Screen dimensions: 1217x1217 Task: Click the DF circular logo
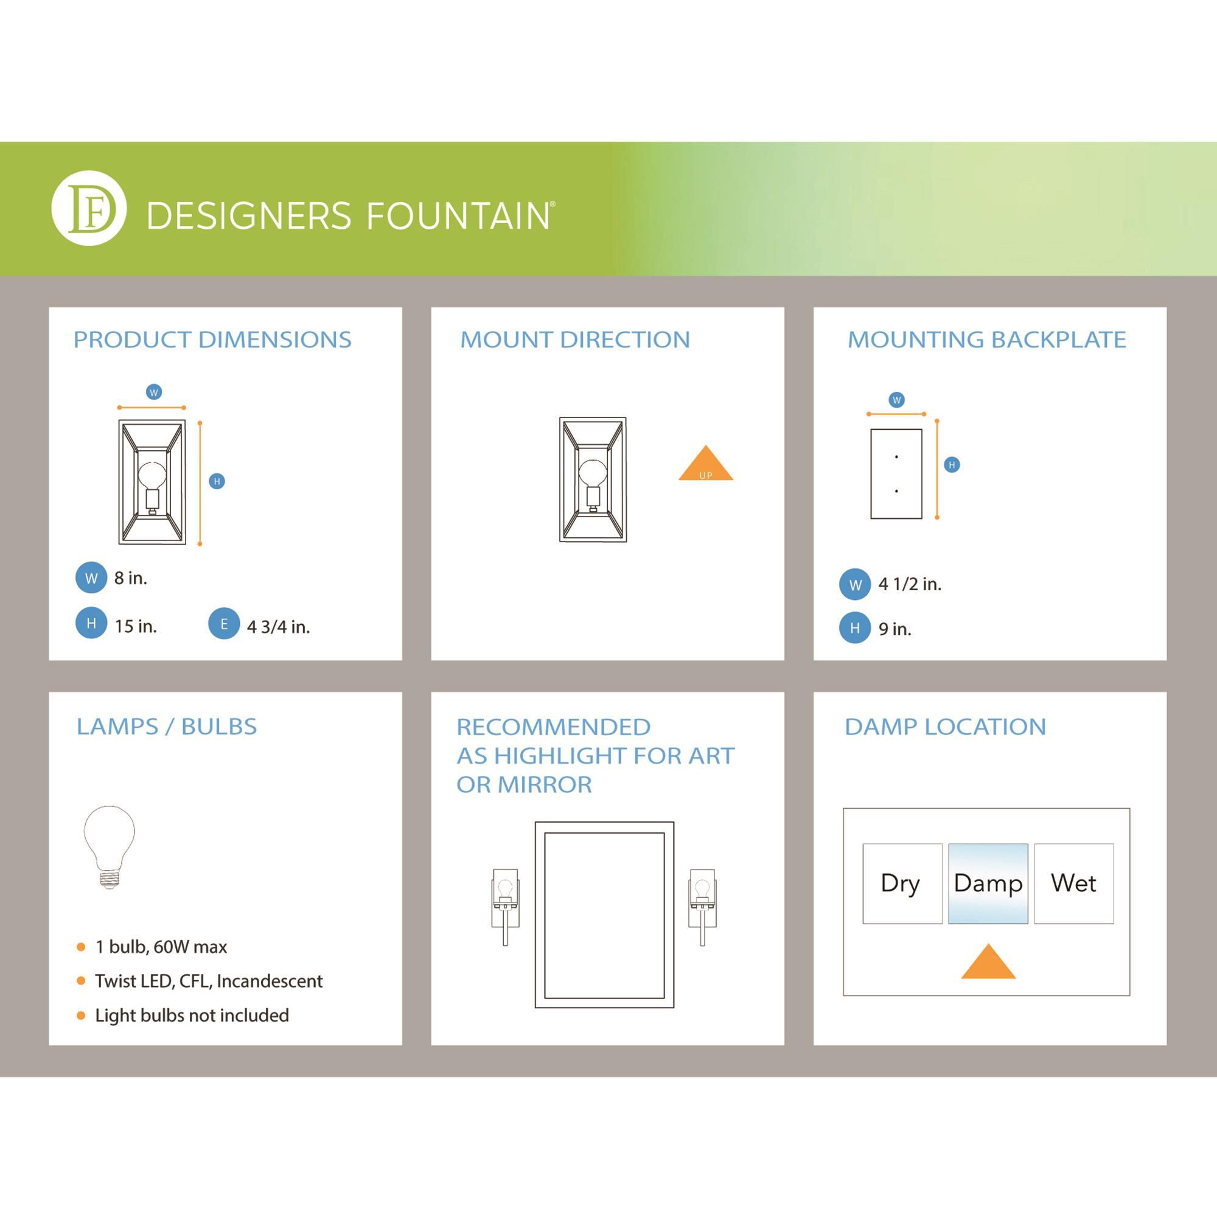89,208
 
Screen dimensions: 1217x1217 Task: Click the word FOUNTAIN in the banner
458,216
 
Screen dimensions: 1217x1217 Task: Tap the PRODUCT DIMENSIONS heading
212,340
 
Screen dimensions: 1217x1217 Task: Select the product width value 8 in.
130,578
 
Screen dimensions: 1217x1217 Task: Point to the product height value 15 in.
136,626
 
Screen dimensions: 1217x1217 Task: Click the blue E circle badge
223,624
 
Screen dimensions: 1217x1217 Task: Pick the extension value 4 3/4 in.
279,627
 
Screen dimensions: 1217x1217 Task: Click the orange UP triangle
705,464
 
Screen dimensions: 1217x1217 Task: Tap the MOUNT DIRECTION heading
575,340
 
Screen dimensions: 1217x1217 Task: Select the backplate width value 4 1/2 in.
910,584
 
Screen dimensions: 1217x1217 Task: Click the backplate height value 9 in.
895,629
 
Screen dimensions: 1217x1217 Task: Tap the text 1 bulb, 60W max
161,947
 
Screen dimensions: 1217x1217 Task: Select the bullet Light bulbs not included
192,1016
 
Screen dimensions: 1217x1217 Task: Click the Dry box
902,884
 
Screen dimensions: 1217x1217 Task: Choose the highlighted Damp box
988,884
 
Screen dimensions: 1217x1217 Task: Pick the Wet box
1074,884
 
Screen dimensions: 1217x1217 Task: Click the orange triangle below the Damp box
988,963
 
